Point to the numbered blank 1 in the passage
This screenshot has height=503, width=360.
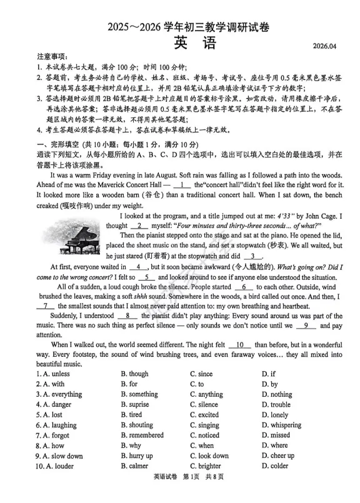(x=182, y=184)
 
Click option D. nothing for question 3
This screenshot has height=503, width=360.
(x=277, y=394)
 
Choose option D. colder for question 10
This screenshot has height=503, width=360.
(x=275, y=466)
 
